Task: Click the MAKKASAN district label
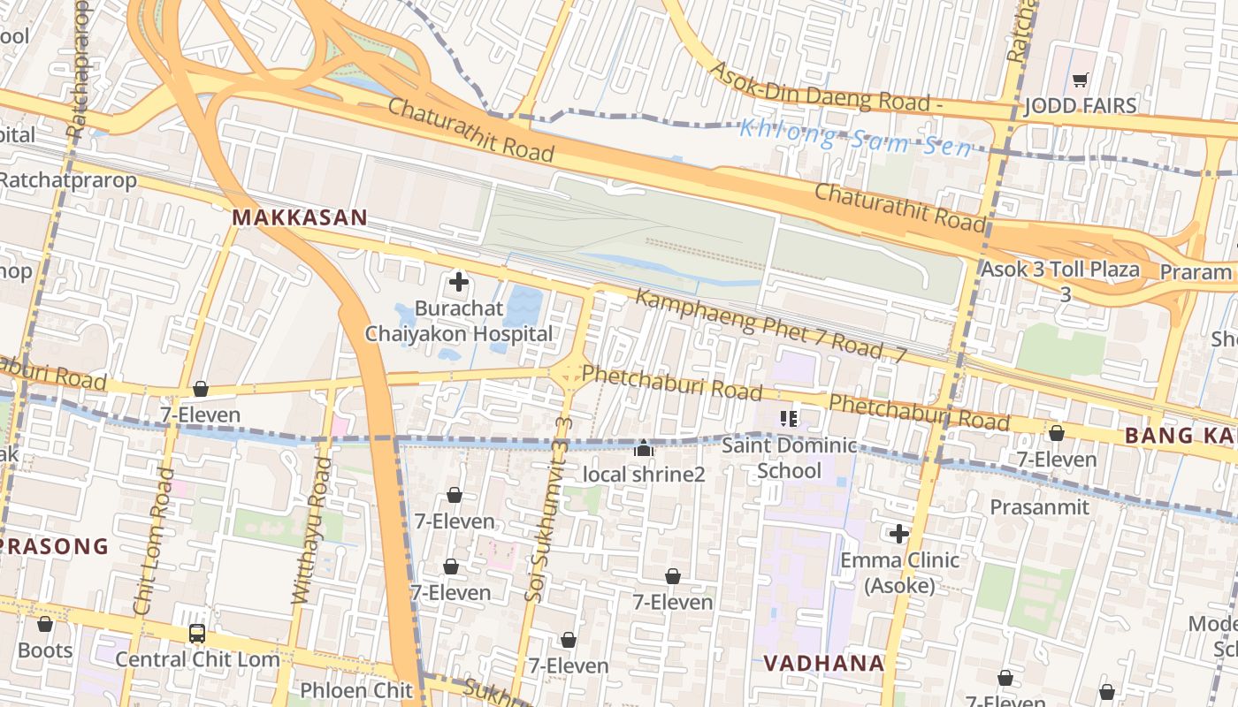(299, 217)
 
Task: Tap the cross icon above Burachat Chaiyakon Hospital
(459, 283)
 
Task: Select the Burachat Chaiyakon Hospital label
(459, 322)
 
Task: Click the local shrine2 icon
(644, 449)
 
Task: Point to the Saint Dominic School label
(789, 458)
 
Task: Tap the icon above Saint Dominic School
(789, 418)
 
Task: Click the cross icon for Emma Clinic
(899, 534)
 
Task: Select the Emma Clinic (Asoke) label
(899, 573)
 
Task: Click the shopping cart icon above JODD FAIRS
(1080, 80)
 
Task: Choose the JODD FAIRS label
(1080, 106)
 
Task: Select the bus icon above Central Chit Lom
(197, 634)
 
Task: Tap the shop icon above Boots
(45, 625)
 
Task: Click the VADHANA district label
(823, 663)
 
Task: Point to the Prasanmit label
(1039, 507)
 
